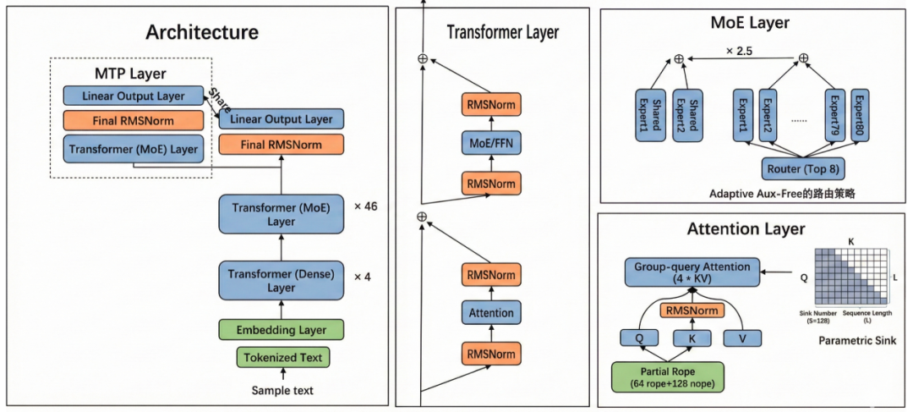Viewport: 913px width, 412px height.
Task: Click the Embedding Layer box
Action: tap(282, 330)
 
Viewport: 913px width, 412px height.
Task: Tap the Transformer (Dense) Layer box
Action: tap(282, 281)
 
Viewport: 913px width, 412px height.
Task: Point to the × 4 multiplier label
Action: tap(363, 276)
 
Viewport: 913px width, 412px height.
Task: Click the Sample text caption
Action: tap(282, 390)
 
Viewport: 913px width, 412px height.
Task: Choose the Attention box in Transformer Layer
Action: tap(491, 312)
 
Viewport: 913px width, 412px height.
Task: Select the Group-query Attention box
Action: tap(692, 272)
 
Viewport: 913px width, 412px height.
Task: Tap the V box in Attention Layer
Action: tap(742, 338)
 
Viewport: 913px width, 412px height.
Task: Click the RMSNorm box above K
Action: tap(692, 310)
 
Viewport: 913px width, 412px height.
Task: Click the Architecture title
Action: tap(202, 32)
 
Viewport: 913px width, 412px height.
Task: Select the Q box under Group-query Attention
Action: tap(640, 338)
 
